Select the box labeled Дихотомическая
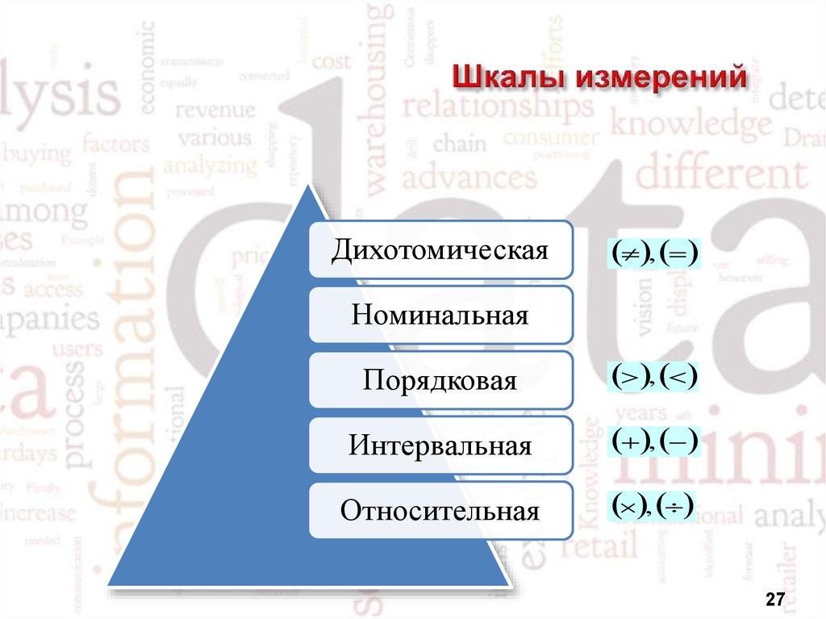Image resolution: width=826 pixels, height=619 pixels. [x=440, y=249]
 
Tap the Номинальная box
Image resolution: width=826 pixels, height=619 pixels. [x=440, y=314]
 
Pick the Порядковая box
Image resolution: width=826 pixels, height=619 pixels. [x=440, y=379]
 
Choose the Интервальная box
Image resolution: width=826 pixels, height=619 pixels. [x=440, y=445]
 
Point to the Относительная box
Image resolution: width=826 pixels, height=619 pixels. [x=440, y=510]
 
